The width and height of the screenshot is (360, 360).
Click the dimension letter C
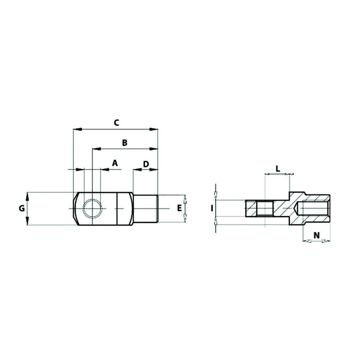click(116, 122)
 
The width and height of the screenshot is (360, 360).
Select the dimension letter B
click(125, 143)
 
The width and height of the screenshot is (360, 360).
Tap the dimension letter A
click(114, 163)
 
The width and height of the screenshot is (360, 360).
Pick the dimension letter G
click(21, 208)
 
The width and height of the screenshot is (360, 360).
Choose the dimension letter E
click(179, 208)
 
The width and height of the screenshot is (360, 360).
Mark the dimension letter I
click(211, 208)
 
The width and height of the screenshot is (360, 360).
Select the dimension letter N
click(316, 234)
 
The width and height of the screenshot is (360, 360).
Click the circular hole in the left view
click(92, 209)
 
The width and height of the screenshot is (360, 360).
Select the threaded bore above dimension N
click(315, 209)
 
